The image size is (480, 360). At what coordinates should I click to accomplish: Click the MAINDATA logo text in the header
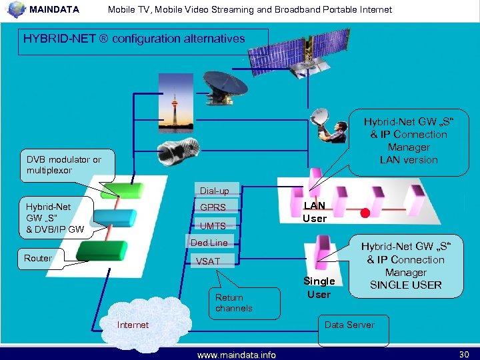[54, 9]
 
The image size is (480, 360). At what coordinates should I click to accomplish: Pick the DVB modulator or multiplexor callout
[64, 165]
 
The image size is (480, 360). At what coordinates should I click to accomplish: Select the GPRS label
[213, 207]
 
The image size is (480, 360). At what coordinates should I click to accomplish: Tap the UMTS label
[213, 226]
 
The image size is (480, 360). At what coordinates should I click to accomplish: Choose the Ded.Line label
[209, 243]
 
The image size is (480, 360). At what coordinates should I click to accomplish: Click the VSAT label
[207, 261]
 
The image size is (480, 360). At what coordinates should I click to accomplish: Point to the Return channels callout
[234, 303]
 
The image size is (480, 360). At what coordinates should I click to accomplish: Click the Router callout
[38, 258]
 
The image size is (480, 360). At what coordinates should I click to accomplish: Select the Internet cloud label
[133, 325]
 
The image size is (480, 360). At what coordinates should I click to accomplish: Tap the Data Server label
[349, 325]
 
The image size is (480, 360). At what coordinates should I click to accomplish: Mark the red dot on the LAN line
[365, 214]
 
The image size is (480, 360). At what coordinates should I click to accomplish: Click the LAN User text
[315, 212]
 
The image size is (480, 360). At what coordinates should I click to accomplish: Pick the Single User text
[319, 287]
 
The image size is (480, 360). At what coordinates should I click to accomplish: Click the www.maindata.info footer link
[237, 355]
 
